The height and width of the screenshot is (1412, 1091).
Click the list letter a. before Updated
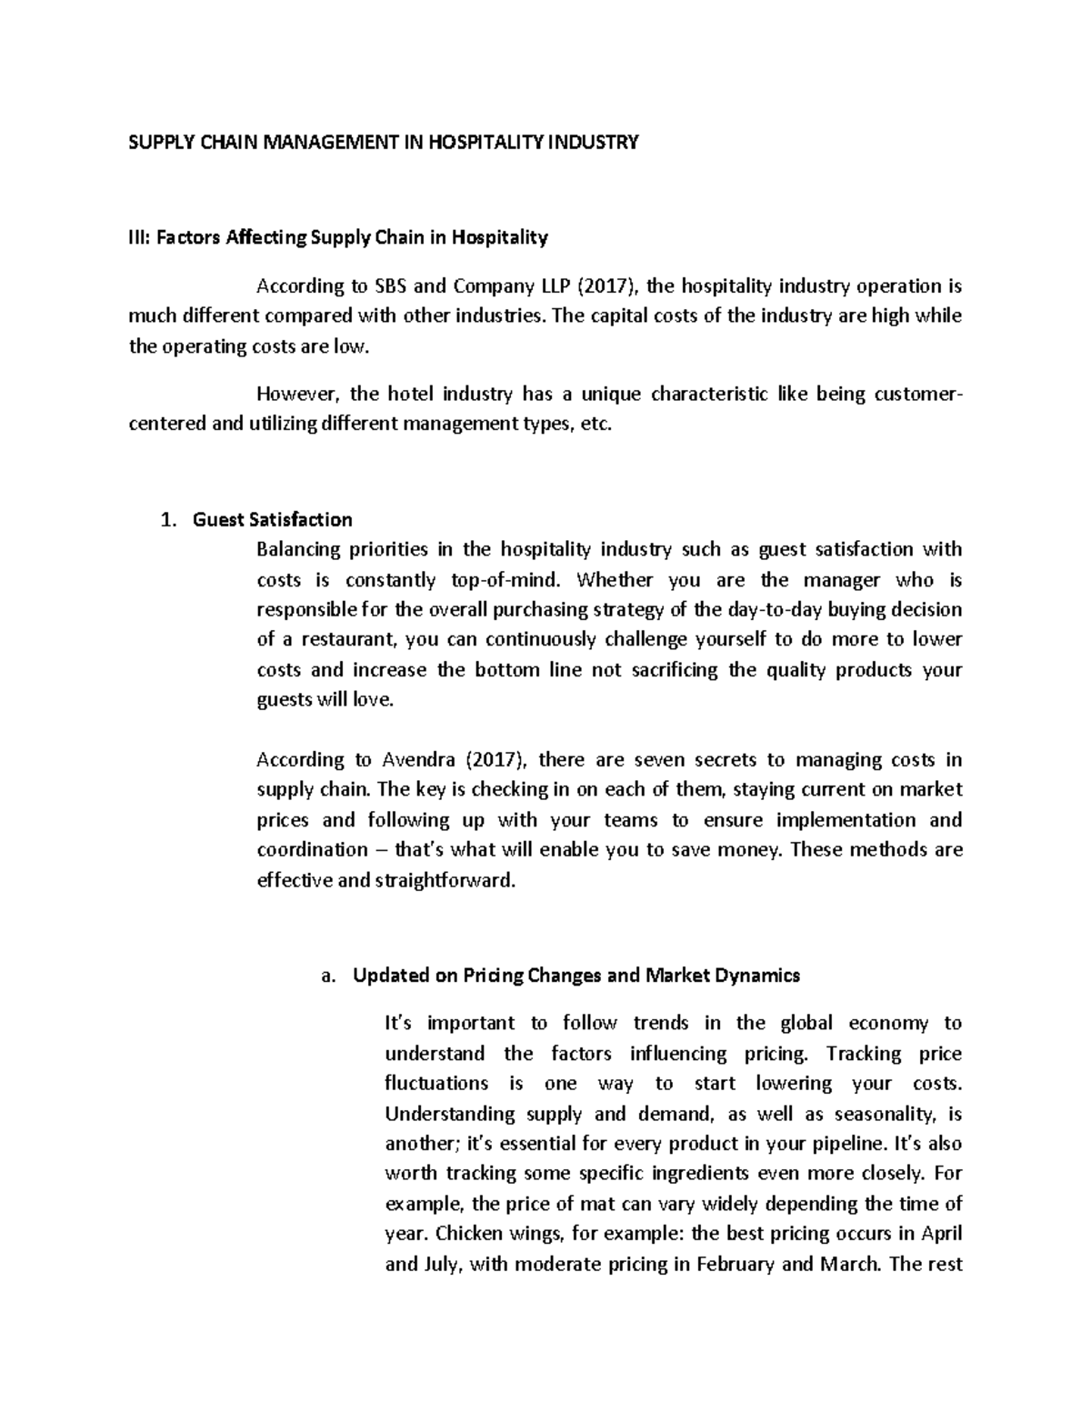[328, 976]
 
